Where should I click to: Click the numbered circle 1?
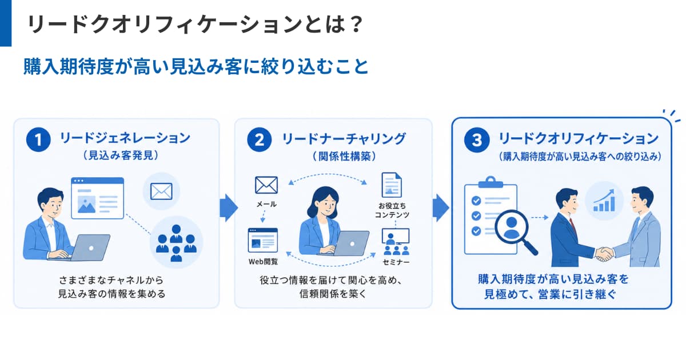coord(38,140)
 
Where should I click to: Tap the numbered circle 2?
coord(260,140)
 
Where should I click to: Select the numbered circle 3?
coord(477,140)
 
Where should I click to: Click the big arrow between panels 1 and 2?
coord(229,207)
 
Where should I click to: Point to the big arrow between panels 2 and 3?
coord(441,207)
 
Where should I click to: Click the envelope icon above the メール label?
coord(266,185)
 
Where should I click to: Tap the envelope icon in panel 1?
coord(161,191)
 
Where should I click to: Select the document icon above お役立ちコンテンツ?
coord(392,185)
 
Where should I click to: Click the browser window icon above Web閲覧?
coord(263,240)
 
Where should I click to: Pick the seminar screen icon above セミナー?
coord(396,242)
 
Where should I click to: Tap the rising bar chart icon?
coord(604,201)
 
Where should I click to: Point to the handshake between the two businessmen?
coord(605,254)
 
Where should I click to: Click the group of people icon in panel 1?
coord(176,243)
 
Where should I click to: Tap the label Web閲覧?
coord(263,262)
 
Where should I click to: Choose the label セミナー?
coord(396,262)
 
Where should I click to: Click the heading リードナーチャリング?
coord(344,139)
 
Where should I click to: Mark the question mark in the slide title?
coord(357,24)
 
